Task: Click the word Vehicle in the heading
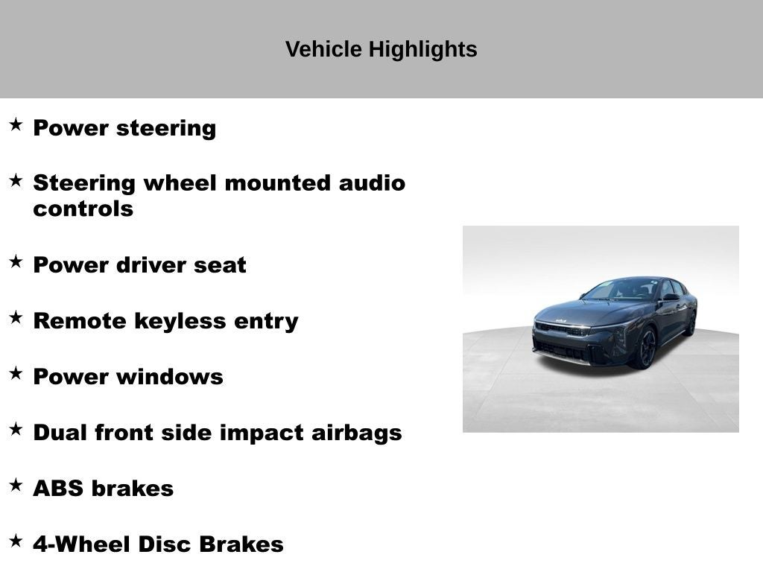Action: (x=323, y=49)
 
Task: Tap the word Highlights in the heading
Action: (x=423, y=50)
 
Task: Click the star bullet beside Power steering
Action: (x=16, y=124)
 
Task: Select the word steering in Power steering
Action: (x=166, y=129)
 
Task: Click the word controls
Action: (x=83, y=209)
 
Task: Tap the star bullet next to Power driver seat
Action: (x=16, y=261)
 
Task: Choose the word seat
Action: (x=220, y=266)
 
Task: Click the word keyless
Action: (x=179, y=322)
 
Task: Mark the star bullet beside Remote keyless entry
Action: (x=16, y=317)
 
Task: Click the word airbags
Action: (x=356, y=433)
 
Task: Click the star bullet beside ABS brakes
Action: (x=16, y=485)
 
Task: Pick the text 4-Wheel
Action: (x=82, y=544)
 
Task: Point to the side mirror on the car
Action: (x=671, y=297)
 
